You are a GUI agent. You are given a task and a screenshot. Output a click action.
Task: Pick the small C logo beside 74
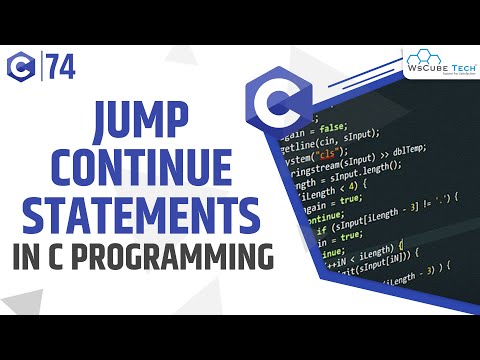click(24, 66)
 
